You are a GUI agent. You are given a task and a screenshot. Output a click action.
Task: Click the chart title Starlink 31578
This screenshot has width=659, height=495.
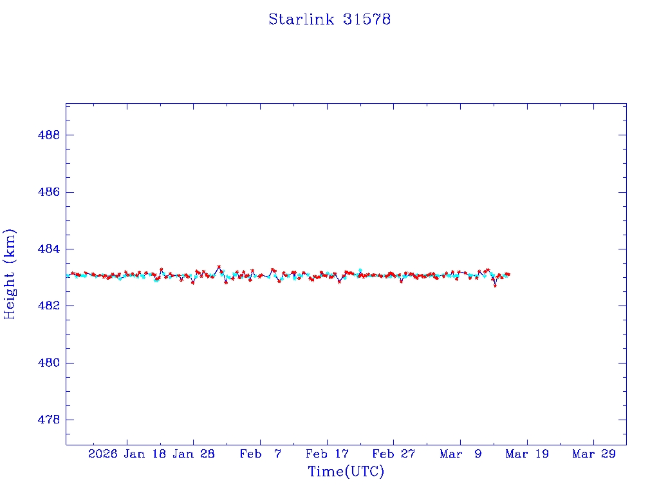(x=329, y=19)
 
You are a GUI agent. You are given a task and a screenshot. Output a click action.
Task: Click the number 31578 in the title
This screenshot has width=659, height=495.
(x=367, y=19)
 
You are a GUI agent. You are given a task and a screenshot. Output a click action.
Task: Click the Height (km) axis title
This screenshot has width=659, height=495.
(x=10, y=274)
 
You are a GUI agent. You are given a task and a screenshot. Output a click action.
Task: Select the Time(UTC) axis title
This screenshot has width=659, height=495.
(x=346, y=472)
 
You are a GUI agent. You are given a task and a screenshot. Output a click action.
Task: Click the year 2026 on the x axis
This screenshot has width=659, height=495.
(x=103, y=454)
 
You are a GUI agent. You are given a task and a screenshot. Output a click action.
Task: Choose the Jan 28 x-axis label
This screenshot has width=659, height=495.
(x=194, y=454)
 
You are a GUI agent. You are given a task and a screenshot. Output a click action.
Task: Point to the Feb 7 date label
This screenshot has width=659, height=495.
(x=260, y=454)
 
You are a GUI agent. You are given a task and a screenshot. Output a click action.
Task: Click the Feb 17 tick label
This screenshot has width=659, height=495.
(x=327, y=454)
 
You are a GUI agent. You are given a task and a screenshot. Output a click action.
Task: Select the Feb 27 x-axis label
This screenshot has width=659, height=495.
(x=393, y=454)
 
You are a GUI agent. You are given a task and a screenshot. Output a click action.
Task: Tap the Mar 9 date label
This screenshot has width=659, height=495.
(x=460, y=454)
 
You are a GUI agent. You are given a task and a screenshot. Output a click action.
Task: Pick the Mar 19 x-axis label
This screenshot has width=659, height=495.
(x=527, y=454)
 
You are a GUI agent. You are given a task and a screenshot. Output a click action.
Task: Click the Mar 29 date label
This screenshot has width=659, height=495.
(x=593, y=454)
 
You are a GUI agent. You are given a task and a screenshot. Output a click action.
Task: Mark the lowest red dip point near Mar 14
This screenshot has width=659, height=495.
(x=495, y=286)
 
